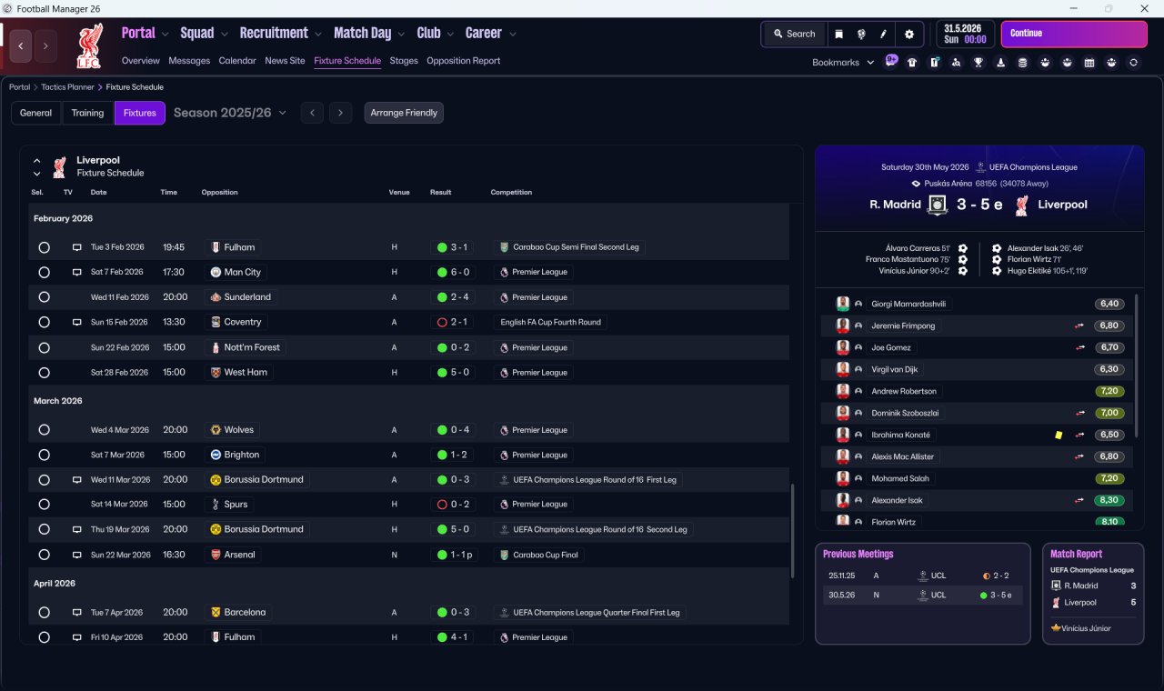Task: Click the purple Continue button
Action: (x=1073, y=34)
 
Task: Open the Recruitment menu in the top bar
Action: (x=274, y=34)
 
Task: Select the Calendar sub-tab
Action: (x=237, y=61)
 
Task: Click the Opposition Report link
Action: (x=463, y=61)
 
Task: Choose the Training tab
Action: (x=87, y=113)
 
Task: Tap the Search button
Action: (x=794, y=34)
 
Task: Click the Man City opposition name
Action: (x=242, y=272)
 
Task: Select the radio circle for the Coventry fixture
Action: (x=44, y=322)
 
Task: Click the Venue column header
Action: (x=399, y=193)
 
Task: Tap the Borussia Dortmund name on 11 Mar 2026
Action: (x=263, y=479)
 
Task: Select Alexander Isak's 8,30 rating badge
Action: (x=1109, y=500)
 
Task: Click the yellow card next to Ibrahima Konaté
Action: (x=1059, y=435)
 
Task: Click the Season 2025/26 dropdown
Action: (x=229, y=113)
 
